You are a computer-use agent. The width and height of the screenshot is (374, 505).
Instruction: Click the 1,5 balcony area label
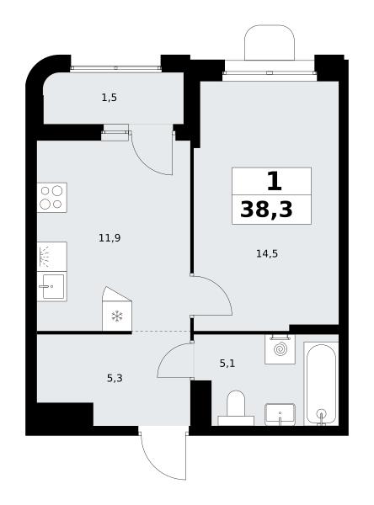coord(110,98)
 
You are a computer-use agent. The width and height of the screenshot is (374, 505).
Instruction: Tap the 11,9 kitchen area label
coord(110,238)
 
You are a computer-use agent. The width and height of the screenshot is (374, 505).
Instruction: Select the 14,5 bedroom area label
coord(267,254)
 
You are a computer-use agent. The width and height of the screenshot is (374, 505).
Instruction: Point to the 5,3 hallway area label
coord(115,378)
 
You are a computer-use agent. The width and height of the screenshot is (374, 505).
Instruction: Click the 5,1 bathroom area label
coord(227,364)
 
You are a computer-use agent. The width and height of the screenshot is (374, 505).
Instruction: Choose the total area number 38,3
coord(267,210)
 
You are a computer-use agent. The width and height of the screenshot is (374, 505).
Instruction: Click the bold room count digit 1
coord(275,181)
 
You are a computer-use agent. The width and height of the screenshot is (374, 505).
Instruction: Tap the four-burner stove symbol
coord(52,198)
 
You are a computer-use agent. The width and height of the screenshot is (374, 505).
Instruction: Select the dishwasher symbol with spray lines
coord(52,257)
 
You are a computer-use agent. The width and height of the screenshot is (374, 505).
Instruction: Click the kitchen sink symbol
coord(52,287)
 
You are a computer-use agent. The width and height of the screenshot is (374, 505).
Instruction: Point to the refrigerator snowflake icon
coord(117,316)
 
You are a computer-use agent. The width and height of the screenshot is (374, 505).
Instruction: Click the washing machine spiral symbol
coord(280,350)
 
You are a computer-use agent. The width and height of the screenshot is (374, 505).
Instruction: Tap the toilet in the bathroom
coord(236,407)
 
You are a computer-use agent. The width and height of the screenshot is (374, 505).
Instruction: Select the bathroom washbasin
coord(280,414)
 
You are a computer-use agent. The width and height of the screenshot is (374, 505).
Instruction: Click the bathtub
coord(321,384)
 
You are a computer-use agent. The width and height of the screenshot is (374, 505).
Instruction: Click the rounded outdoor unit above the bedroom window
coord(270,42)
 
